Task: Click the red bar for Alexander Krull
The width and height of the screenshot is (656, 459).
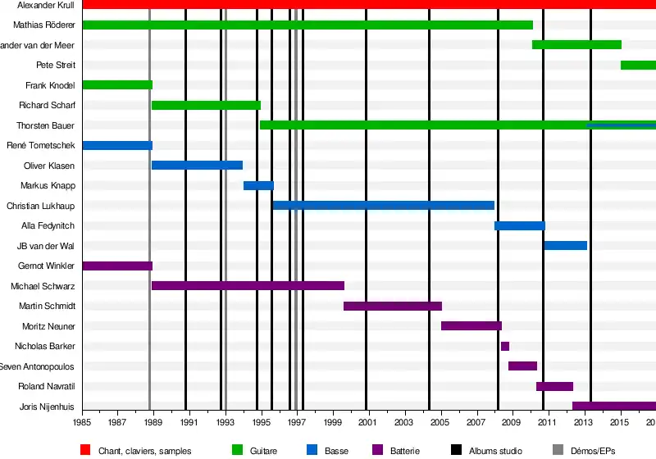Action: (x=369, y=5)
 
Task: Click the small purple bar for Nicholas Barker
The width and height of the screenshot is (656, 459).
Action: (x=505, y=346)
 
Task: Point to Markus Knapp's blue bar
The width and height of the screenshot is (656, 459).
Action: (x=258, y=185)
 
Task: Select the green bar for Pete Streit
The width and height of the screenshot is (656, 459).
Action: (x=638, y=65)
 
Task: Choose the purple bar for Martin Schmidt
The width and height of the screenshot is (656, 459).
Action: (x=393, y=306)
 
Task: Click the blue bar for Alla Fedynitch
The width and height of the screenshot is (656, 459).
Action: (x=520, y=225)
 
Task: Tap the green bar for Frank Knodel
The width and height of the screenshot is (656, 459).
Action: (x=117, y=84)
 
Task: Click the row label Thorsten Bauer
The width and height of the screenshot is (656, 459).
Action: (x=46, y=125)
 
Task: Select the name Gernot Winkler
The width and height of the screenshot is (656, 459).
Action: (x=47, y=266)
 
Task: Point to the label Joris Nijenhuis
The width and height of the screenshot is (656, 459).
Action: (x=47, y=407)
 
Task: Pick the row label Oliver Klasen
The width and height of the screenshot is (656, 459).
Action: (x=50, y=166)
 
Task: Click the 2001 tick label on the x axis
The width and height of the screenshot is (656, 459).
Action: (x=367, y=422)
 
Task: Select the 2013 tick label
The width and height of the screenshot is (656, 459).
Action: (x=583, y=422)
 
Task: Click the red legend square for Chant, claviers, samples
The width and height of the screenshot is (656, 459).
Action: (x=85, y=450)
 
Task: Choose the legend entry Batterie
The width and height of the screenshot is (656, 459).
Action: (x=405, y=451)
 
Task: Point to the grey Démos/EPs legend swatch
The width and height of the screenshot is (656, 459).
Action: (x=558, y=450)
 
